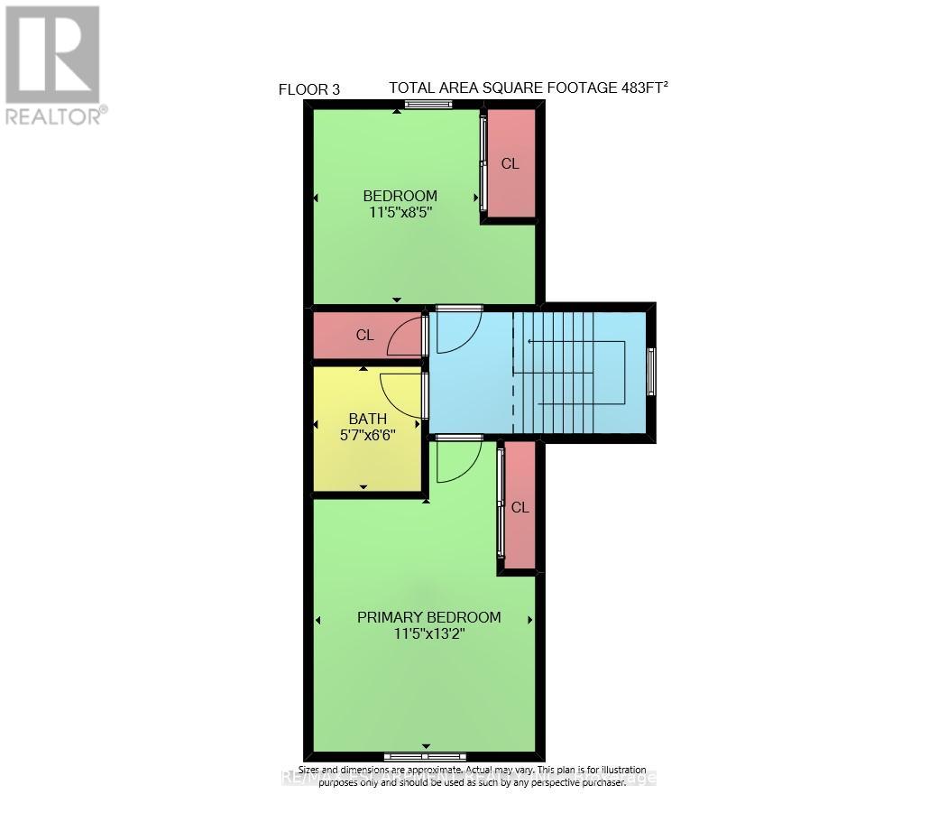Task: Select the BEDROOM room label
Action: tap(400, 196)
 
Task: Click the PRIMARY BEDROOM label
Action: tap(428, 617)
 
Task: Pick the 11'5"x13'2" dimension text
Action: tap(428, 634)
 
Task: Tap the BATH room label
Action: tap(368, 419)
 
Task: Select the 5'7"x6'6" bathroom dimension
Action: tap(368, 435)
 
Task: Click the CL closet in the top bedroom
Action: tap(510, 163)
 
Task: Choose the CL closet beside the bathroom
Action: tap(364, 335)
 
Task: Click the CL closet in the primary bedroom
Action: tap(520, 507)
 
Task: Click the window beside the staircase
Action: tap(651, 372)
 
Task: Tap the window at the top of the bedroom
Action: tap(428, 105)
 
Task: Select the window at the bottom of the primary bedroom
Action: tap(425, 756)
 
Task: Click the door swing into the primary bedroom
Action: tap(455, 462)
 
